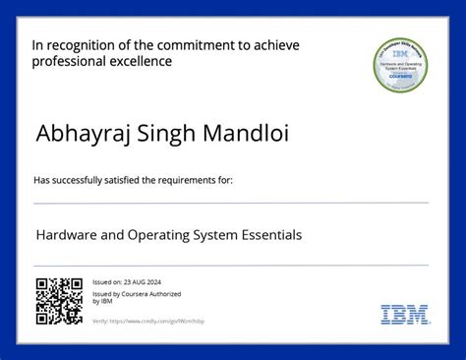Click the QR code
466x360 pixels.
(59, 302)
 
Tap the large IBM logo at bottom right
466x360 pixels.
(404, 315)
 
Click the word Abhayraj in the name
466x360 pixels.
(76, 133)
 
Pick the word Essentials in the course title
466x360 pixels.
(267, 235)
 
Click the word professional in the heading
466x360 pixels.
(66, 62)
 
